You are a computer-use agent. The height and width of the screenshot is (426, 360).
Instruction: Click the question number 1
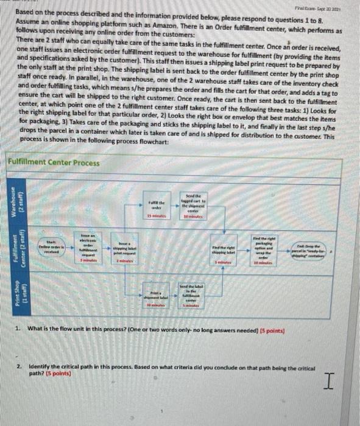pos(19,330)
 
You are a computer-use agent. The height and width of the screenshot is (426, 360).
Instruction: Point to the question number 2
pos(19,369)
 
